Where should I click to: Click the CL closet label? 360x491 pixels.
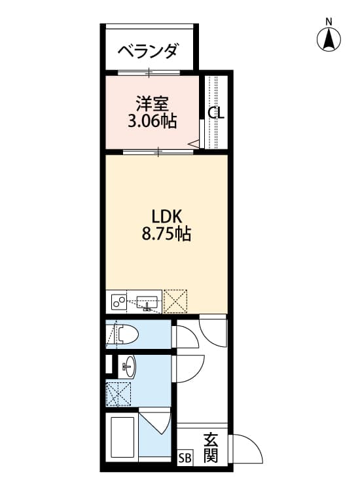tap(216, 113)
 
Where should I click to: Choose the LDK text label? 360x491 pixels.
tap(166, 216)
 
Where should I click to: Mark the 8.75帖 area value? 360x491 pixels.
tap(166, 234)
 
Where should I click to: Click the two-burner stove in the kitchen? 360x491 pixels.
tap(119, 302)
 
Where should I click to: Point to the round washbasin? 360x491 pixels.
tap(128, 366)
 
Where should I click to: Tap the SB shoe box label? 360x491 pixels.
tap(185, 458)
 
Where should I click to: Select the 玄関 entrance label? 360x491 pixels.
tap(210, 448)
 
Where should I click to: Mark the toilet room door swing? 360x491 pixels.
tap(183, 336)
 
